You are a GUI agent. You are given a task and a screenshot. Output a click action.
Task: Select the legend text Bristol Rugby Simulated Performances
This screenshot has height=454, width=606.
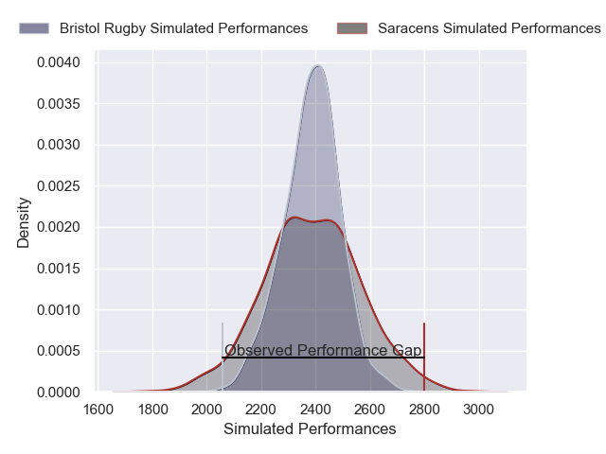click(x=184, y=28)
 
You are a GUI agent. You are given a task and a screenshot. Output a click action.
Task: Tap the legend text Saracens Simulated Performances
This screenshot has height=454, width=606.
click(x=489, y=28)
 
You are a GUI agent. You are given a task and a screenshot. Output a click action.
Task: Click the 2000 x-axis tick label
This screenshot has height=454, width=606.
click(x=207, y=410)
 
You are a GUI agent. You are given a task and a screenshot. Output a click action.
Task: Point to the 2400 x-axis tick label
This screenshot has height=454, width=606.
click(x=316, y=410)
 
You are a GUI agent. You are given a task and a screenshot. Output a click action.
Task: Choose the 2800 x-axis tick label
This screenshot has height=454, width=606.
click(x=425, y=410)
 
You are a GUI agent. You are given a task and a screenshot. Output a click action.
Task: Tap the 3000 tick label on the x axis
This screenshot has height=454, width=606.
click(x=479, y=410)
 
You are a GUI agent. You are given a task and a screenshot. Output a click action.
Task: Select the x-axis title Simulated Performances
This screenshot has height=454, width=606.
click(x=310, y=429)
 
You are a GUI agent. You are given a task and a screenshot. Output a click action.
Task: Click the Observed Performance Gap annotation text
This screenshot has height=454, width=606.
click(x=323, y=351)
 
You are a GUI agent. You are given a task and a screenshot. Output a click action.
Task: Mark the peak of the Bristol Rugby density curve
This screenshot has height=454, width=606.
click(x=319, y=66)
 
